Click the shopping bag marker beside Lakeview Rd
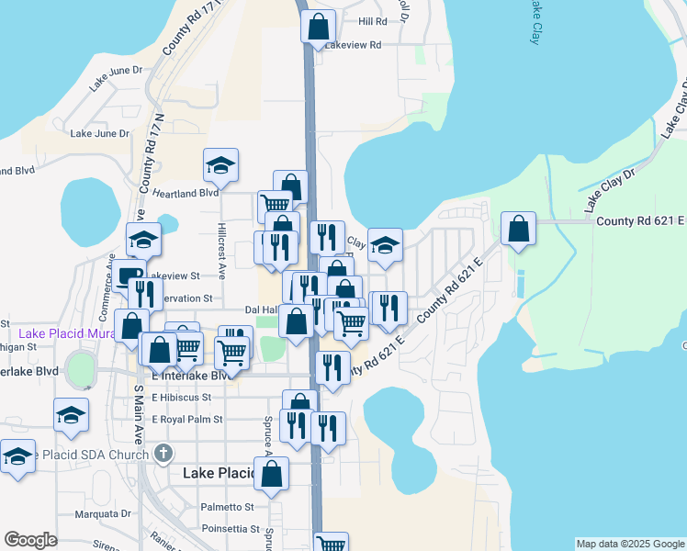pyautogui.click(x=318, y=28)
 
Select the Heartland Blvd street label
pyautogui.click(x=186, y=193)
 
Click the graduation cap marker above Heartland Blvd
pyautogui.click(x=220, y=165)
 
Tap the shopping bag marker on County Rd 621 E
pyautogui.click(x=519, y=229)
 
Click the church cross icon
pyautogui.click(x=163, y=454)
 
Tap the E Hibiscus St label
pyautogui.click(x=182, y=398)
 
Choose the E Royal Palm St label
pyautogui.click(x=187, y=420)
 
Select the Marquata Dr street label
pyautogui.click(x=104, y=514)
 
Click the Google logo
pyautogui.click(x=30, y=540)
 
